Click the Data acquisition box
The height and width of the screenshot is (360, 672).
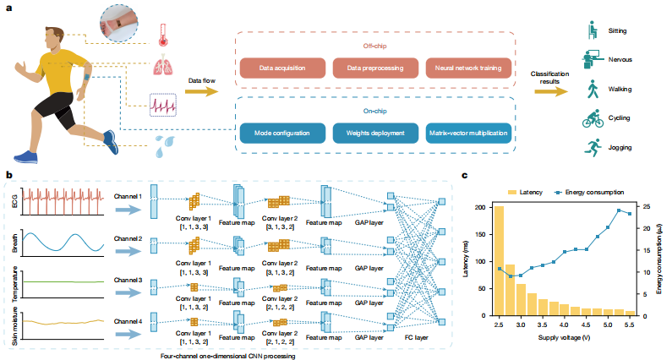click(x=278, y=66)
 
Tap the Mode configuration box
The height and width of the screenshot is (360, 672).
click(x=278, y=134)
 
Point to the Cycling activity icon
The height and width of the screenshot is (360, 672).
click(x=593, y=118)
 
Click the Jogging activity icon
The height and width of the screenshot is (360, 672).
click(x=593, y=147)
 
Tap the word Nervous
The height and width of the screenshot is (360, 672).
click(x=621, y=60)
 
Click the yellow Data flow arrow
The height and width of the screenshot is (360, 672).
click(x=199, y=89)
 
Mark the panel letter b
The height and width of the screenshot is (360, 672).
click(x=8, y=174)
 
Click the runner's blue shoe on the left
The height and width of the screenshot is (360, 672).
click(x=26, y=157)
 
